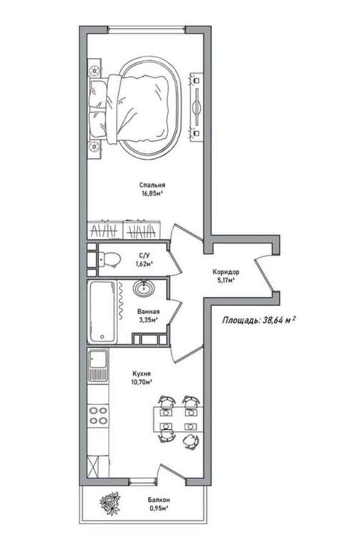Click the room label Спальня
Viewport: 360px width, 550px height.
[152, 185]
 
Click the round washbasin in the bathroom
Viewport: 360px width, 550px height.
[144, 288]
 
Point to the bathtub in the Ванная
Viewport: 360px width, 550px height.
[102, 312]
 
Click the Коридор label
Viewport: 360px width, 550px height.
[225, 272]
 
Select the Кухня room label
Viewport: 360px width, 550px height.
[142, 374]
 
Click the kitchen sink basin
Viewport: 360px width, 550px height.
[98, 359]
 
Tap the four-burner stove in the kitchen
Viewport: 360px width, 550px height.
[98, 415]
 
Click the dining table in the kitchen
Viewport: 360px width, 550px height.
[178, 419]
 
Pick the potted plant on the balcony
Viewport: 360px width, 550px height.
[110, 503]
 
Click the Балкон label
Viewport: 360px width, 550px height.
[159, 500]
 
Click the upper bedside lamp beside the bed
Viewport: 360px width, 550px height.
[94, 70]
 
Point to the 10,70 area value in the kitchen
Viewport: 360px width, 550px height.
[142, 382]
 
